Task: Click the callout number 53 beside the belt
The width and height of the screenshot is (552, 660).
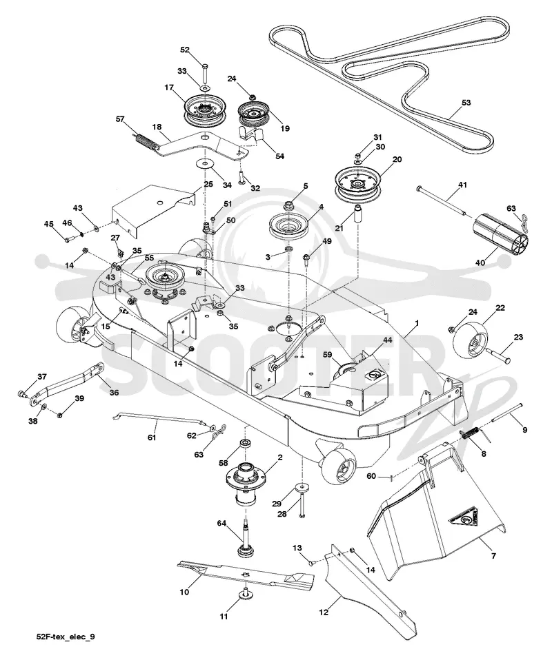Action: pyautogui.click(x=466, y=103)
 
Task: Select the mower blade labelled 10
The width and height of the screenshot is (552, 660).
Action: pyautogui.click(x=246, y=575)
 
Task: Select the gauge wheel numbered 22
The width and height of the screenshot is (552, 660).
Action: pyautogui.click(x=469, y=340)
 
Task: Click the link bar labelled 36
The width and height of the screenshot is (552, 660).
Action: pyautogui.click(x=68, y=383)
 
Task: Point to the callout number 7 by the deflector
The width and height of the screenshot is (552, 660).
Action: pyautogui.click(x=493, y=556)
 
